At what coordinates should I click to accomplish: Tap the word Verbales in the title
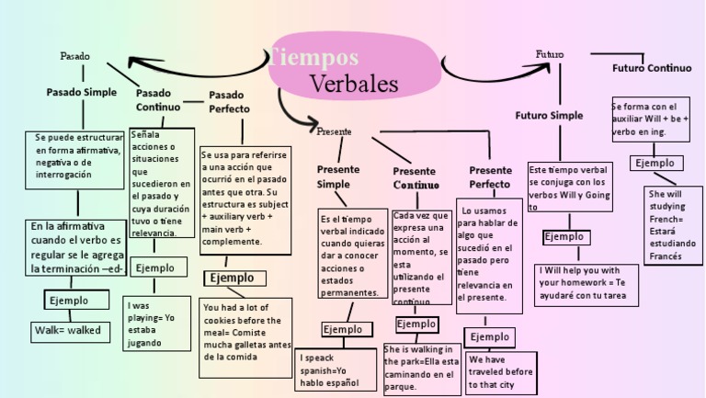coord(354,84)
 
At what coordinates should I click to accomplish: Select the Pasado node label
coord(75,56)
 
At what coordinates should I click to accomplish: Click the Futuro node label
coord(550,54)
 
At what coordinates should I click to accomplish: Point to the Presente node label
coord(334,131)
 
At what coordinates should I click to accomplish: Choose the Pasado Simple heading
coord(82,92)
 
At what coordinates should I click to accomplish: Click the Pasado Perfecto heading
coord(229,101)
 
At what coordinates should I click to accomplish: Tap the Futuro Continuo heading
coord(652,68)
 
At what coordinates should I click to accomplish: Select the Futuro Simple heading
coord(549,116)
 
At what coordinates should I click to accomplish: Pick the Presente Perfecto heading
coord(490,177)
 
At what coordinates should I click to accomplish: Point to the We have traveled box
coord(501,372)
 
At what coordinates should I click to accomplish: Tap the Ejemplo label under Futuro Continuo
coord(655,163)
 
